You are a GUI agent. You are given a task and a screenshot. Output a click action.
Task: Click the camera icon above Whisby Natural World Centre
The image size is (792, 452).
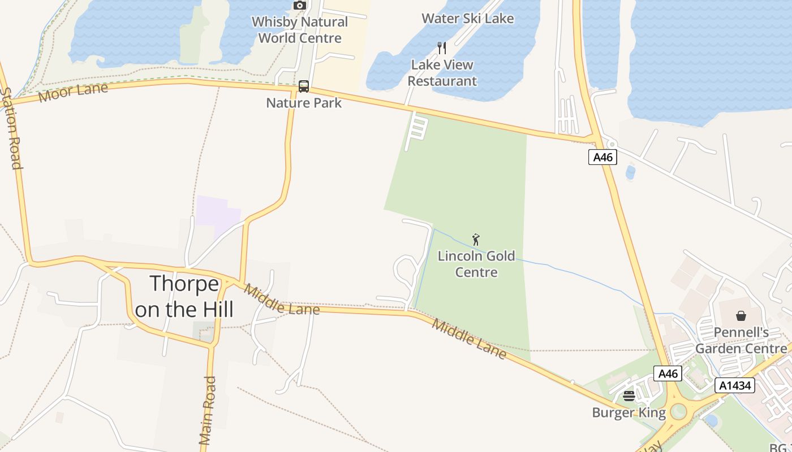(x=300, y=6)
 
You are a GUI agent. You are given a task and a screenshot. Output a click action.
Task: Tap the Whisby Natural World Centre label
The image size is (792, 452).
(x=299, y=30)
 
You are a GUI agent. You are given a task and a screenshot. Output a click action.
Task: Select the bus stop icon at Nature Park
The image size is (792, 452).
(x=304, y=86)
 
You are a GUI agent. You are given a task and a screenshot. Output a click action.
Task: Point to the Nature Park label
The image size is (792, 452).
(x=304, y=103)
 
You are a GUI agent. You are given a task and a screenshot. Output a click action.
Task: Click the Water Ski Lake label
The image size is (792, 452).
(x=467, y=18)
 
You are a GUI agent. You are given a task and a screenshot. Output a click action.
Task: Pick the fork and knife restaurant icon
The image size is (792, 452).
(x=442, y=48)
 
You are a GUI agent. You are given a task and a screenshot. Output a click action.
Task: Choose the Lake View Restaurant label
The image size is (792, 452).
(x=442, y=73)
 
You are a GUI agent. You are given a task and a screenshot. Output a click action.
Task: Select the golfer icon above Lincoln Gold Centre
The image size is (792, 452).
(x=476, y=240)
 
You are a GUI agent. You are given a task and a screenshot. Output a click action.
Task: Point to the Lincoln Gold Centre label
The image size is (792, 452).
(x=476, y=264)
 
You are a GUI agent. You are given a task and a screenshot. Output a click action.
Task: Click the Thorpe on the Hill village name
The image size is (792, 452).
(x=184, y=296)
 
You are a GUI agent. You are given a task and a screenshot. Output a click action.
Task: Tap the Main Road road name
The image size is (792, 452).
(x=208, y=410)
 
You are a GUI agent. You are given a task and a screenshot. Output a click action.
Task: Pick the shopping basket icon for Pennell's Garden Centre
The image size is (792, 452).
(x=741, y=315)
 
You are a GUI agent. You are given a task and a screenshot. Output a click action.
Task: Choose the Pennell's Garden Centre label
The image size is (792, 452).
(x=741, y=340)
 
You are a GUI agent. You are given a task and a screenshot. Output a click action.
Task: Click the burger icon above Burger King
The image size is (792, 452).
(x=629, y=396)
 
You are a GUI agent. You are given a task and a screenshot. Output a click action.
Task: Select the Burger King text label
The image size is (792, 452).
(x=629, y=412)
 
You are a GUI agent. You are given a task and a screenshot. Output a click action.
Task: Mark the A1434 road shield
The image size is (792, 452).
(x=735, y=385)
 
